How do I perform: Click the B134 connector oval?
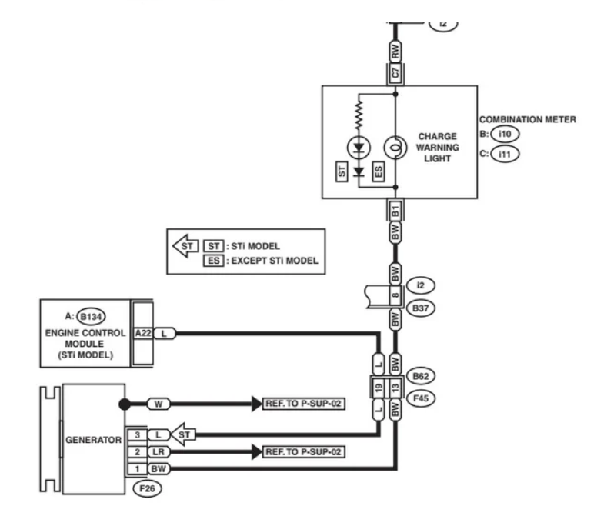coord(91,317)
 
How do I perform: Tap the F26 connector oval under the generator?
coord(148,488)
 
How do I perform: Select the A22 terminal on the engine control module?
coord(143,333)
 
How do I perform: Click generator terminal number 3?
coord(137,434)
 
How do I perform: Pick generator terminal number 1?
coord(137,469)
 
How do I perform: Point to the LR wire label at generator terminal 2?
coord(159,452)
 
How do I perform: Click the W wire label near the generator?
coord(159,404)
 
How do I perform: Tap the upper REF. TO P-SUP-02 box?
coord(303,404)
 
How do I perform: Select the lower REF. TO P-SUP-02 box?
coord(303,452)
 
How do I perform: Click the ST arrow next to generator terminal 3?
coord(183,434)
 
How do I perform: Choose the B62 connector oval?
coord(421,376)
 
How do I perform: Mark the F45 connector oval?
coord(421,398)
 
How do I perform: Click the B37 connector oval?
coord(421,308)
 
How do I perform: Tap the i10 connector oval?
coord(505,134)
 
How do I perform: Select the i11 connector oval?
coord(505,154)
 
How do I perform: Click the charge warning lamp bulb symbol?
coord(395,148)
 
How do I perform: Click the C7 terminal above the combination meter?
coord(395,72)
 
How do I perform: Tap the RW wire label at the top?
coord(395,51)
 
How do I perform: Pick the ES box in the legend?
coord(214,261)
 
